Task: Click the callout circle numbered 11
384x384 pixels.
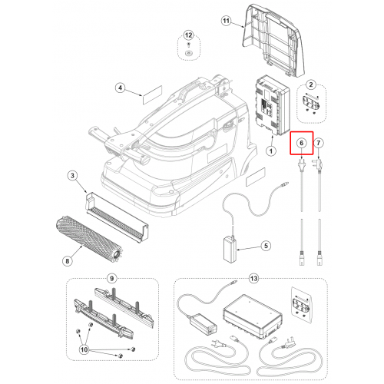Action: click(x=226, y=21)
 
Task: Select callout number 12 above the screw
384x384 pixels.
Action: click(x=188, y=35)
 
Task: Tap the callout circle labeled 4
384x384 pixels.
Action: click(x=120, y=88)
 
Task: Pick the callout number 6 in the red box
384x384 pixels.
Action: click(x=302, y=143)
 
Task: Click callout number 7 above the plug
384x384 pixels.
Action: click(x=319, y=143)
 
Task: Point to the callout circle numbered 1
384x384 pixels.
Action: click(x=271, y=151)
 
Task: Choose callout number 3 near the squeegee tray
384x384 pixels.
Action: click(x=73, y=176)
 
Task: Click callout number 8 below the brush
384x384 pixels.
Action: click(x=68, y=261)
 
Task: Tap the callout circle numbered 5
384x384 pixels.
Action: click(x=266, y=246)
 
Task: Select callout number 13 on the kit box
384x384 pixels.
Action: click(x=253, y=278)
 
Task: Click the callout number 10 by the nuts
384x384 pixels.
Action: click(x=84, y=349)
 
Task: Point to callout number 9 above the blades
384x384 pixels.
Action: click(x=111, y=278)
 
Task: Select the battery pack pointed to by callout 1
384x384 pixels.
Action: click(x=273, y=105)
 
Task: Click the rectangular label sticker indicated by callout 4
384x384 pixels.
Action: click(x=152, y=94)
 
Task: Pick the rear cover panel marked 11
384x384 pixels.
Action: click(x=273, y=40)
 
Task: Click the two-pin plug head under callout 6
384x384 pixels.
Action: click(x=302, y=165)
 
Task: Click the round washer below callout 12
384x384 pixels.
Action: click(x=189, y=53)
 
